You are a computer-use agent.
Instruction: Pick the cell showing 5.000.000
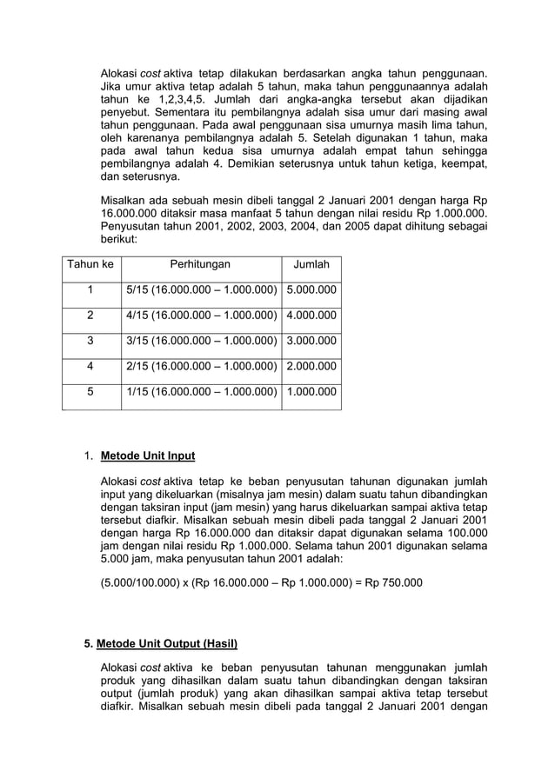pyautogui.click(x=311, y=290)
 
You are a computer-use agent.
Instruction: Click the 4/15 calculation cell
pyautogui.click(x=201, y=316)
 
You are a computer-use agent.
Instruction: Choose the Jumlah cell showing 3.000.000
pyautogui.click(x=311, y=341)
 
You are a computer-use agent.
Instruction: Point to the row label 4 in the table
pyautogui.click(x=90, y=366)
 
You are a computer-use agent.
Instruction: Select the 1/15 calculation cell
pyautogui.click(x=201, y=392)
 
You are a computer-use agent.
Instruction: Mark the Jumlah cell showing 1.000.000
pyautogui.click(x=311, y=392)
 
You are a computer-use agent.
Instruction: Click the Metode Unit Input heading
pyautogui.click(x=148, y=455)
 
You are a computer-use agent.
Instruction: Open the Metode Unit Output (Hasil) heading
pyautogui.click(x=167, y=644)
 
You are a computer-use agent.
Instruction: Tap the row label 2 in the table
pyautogui.click(x=90, y=316)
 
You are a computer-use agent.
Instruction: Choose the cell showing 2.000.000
pyautogui.click(x=311, y=366)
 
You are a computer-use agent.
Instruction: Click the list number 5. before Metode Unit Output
pyautogui.click(x=88, y=644)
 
